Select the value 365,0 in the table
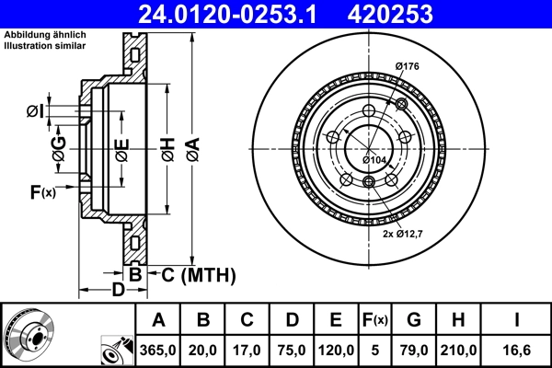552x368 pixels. tap(158, 351)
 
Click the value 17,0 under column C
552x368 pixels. tap(247, 351)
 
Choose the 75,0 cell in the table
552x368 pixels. tap(292, 351)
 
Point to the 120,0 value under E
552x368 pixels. tap(336, 351)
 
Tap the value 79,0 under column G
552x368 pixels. tap(414, 351)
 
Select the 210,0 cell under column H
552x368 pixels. tap(460, 351)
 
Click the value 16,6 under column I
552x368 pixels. tap(516, 351)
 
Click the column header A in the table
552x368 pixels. tap(158, 320)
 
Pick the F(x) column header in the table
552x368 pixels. tap(375, 320)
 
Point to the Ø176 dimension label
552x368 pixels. tap(408, 65)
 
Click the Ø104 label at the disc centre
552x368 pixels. tap(374, 160)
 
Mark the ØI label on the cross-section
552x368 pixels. tap(35, 111)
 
